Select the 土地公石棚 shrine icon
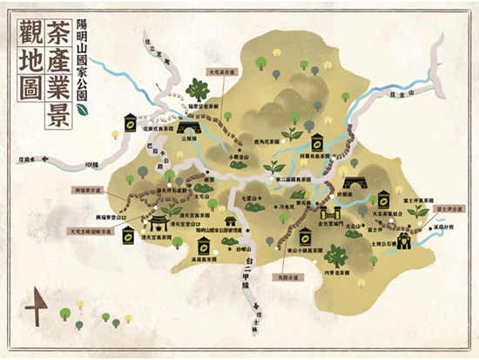tap(401, 239)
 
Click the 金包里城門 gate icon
tap(329, 212)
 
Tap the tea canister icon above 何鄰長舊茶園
tap(319, 140)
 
